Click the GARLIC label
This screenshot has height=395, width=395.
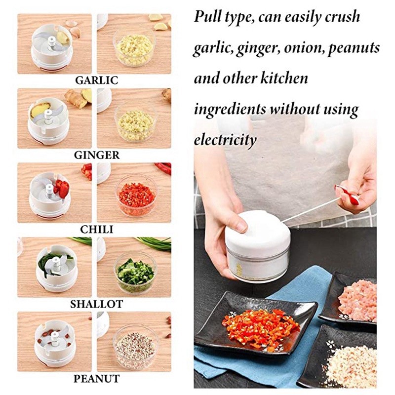pos(96,80)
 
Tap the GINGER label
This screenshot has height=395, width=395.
pos(97,155)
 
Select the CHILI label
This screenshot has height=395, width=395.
pos(97,230)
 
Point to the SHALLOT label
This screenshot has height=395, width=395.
pos(97,304)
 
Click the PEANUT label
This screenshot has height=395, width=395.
pos(97,379)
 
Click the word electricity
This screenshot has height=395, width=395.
pos(225,139)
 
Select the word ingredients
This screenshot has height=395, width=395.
pos(230,110)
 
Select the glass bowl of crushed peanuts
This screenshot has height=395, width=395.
pos(135,347)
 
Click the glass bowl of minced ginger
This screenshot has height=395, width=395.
pos(136,123)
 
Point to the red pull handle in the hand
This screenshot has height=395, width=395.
pos(347,194)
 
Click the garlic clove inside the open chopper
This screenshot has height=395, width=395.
pos(63,38)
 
